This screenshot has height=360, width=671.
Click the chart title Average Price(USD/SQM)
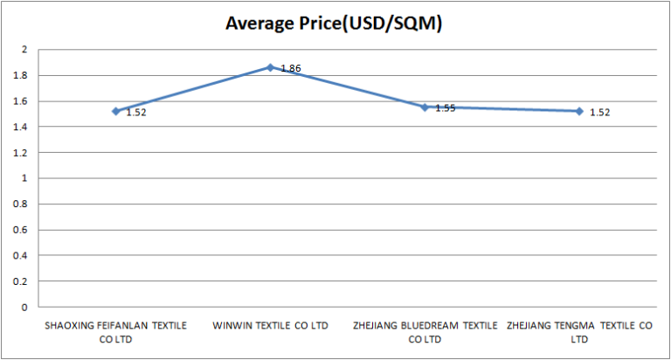pos(335,24)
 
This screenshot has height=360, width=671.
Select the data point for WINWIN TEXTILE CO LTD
pos(271,67)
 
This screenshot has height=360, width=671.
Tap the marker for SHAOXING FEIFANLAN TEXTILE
pos(115,111)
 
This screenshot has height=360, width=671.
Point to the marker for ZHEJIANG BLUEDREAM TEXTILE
pos(425,107)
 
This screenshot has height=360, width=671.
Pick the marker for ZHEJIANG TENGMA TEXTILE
pos(579,111)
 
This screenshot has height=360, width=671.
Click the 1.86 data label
pos(291,68)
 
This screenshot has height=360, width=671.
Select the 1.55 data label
pos(446,108)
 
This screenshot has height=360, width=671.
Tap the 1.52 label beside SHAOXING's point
pos(135,113)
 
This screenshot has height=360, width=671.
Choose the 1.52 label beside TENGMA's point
pos(599,113)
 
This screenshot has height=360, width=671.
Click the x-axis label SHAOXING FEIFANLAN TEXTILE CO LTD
pos(115,332)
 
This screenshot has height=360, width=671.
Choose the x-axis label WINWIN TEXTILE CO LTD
pos(270,326)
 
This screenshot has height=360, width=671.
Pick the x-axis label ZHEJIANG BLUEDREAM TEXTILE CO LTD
pos(425,332)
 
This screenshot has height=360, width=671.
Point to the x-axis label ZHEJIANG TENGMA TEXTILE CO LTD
pos(579,332)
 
